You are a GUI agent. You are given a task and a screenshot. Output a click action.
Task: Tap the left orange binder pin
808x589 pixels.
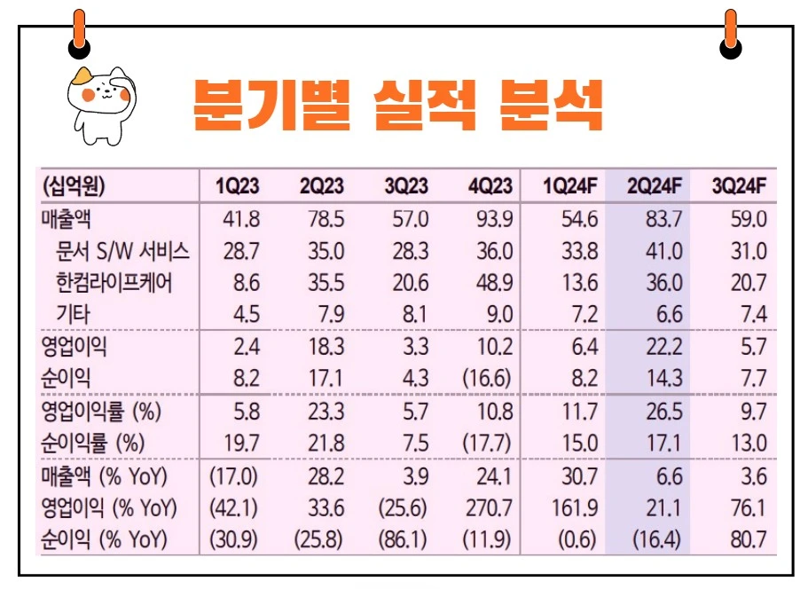pos(79,33)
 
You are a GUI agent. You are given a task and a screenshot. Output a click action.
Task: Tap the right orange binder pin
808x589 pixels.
pos(730,33)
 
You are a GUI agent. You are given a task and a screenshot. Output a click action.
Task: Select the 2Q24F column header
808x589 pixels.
pos(654,186)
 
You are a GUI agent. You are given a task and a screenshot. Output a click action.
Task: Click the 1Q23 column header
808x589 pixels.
pos(237,186)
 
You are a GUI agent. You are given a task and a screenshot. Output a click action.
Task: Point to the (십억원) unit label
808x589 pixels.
pos(74,186)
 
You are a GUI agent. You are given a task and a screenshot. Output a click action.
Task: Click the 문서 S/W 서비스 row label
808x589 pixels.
pos(123,251)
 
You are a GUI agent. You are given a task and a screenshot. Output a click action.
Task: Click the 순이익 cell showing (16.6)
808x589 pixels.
pos(487,378)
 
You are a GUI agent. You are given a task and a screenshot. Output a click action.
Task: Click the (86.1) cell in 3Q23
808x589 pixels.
pos(404,539)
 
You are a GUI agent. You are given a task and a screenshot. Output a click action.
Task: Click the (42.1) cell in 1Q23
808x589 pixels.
pos(233,508)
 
